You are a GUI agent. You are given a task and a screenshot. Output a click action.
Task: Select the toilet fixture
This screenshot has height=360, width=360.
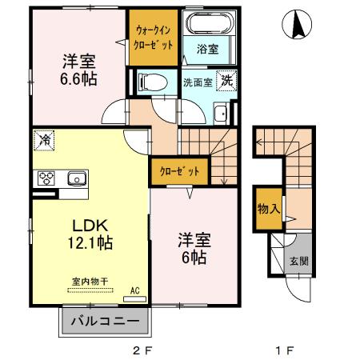(153, 81)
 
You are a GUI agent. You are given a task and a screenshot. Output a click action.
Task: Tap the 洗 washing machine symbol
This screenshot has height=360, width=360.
(227, 80)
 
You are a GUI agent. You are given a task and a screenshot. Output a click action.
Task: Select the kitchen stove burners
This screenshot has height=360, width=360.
(42, 178)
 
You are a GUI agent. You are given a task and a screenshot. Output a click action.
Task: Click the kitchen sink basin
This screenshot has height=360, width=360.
(77, 178)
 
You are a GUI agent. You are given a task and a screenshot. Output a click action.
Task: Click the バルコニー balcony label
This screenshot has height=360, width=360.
(105, 323)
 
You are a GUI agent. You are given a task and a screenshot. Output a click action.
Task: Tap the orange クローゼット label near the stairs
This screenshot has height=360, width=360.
(174, 171)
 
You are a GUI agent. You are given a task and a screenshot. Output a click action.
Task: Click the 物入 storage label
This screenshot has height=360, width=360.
(267, 210)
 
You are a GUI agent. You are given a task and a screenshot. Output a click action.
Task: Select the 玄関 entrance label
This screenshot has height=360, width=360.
(298, 260)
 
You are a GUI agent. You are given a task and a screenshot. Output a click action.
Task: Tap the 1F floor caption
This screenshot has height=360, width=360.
(286, 350)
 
